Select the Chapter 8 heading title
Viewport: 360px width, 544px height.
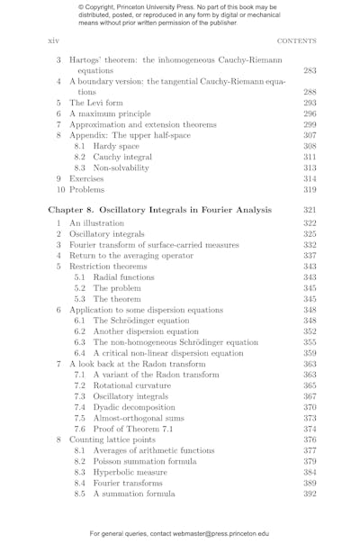[159, 210]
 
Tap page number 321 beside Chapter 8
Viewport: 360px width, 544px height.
[309, 210]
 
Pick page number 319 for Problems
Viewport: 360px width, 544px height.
[309, 190]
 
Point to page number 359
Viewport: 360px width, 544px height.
[309, 353]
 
